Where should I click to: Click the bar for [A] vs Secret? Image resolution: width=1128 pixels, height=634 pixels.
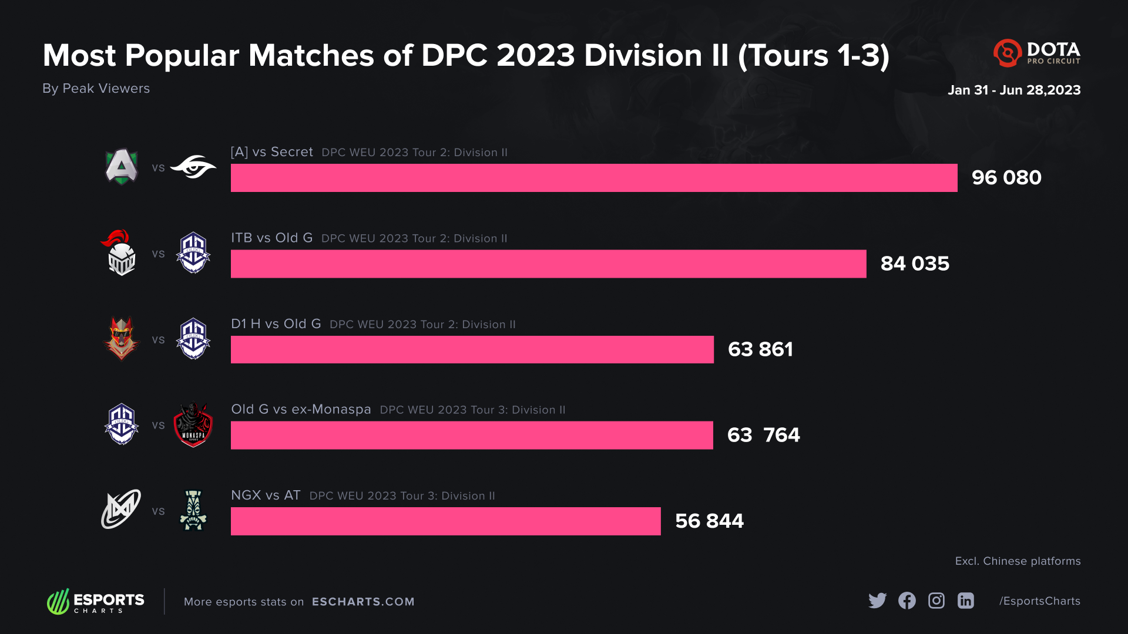pyautogui.click(x=593, y=178)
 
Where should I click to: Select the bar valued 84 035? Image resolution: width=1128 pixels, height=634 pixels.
pyautogui.click(x=548, y=264)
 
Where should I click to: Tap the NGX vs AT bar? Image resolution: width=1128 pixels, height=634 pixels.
pyautogui.click(x=445, y=521)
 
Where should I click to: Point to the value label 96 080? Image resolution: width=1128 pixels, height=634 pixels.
pyautogui.click(x=1006, y=178)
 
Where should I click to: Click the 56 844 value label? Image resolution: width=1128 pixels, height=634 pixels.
pyautogui.click(x=709, y=521)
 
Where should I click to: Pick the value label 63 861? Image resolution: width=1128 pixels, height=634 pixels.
pyautogui.click(x=760, y=350)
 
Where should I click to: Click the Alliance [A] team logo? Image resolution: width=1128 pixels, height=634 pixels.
pyautogui.click(x=122, y=167)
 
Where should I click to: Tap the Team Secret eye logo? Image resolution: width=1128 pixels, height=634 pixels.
pyautogui.click(x=193, y=167)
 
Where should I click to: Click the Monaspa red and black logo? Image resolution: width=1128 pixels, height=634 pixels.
pyautogui.click(x=193, y=425)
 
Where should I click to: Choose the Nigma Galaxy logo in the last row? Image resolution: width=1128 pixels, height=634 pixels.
pyautogui.click(x=121, y=510)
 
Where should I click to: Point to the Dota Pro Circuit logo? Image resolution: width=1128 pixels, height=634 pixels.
pyautogui.click(x=1037, y=53)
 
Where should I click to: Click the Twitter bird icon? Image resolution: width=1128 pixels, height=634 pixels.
pyautogui.click(x=877, y=601)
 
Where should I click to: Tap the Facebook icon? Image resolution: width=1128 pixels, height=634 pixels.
pyautogui.click(x=907, y=601)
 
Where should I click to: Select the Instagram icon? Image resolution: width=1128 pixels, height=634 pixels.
pyautogui.click(x=936, y=601)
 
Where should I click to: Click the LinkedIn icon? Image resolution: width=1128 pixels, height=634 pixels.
pyautogui.click(x=966, y=601)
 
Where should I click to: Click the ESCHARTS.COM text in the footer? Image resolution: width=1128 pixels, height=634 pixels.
pyautogui.click(x=363, y=602)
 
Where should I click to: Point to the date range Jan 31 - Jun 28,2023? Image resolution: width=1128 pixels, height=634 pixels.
pyautogui.click(x=1014, y=90)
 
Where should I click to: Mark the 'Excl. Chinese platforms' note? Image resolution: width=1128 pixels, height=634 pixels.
pyautogui.click(x=1018, y=561)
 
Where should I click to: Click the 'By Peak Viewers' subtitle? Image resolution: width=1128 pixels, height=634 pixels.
pyautogui.click(x=96, y=89)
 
